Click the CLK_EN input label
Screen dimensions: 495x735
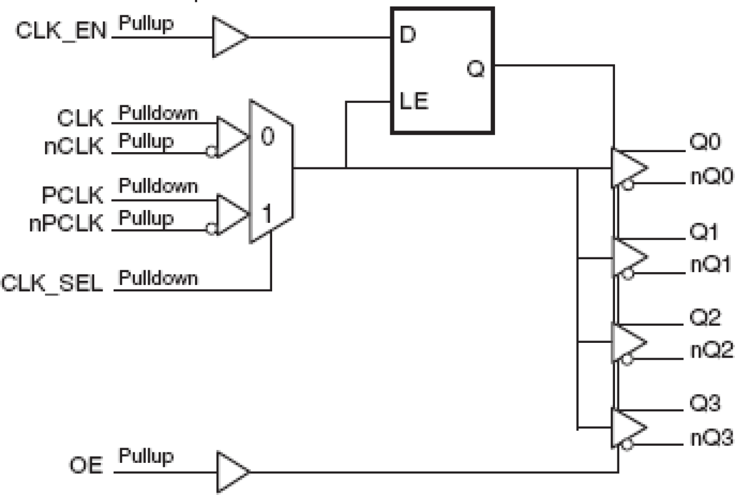coord(60,31)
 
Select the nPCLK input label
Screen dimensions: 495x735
coord(66,224)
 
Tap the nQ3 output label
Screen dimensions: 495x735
coord(709,436)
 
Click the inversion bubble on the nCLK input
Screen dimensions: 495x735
coord(209,153)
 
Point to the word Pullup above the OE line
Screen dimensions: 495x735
coord(146,455)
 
